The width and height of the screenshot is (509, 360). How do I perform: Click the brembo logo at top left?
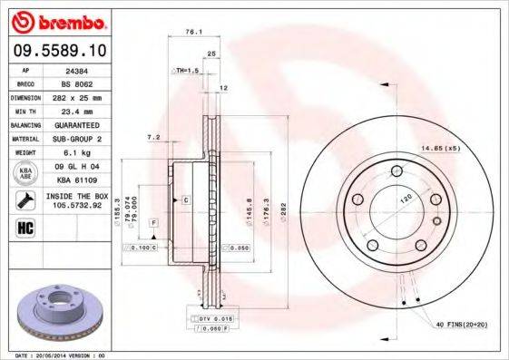coord(55,20)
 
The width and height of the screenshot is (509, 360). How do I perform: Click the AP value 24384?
coord(78,69)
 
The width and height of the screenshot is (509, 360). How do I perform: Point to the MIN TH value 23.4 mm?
coord(78,110)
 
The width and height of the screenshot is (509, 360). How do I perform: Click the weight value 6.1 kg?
coord(78,153)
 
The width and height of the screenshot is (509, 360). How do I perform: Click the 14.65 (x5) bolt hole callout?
coord(438,148)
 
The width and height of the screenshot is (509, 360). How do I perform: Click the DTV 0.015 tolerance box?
coord(211,320)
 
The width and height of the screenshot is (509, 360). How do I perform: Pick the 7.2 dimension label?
coord(153,137)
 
